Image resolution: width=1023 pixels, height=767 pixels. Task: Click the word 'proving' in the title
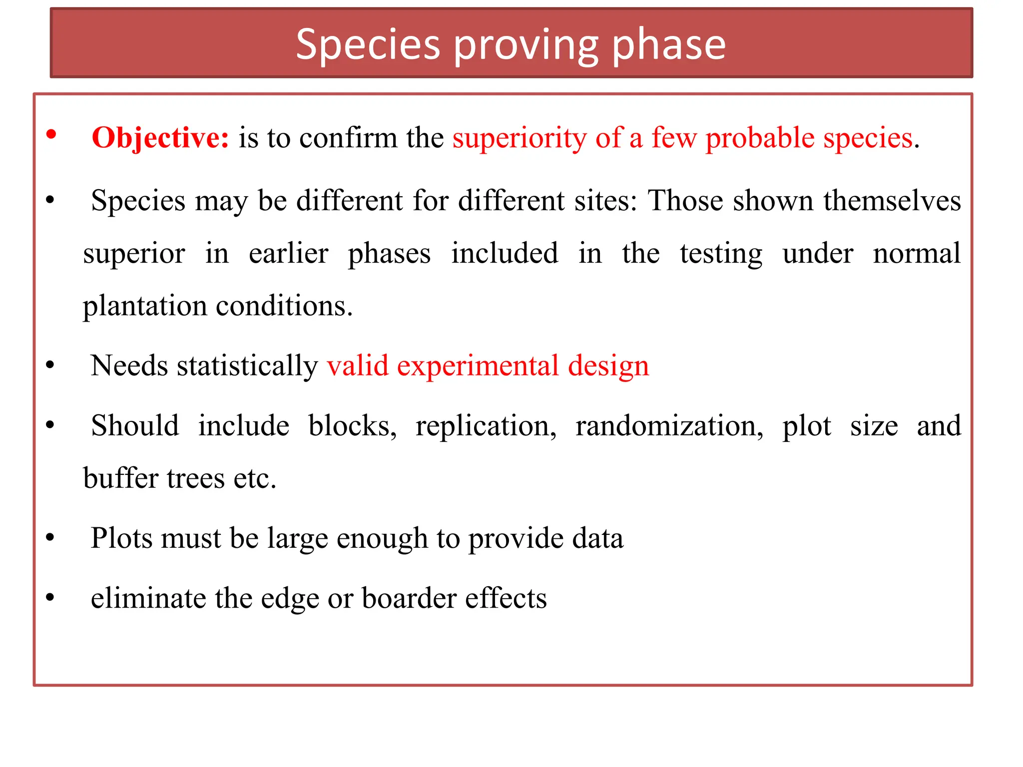pyautogui.click(x=525, y=46)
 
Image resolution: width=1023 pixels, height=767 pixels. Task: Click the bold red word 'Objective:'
pyautogui.click(x=160, y=138)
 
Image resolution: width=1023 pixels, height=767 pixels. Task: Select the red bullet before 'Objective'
pyautogui.click(x=51, y=134)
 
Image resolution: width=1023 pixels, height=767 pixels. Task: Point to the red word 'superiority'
pyautogui.click(x=519, y=138)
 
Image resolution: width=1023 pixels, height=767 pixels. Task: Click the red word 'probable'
pyautogui.click(x=760, y=138)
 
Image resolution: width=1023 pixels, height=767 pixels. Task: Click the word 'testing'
pyautogui.click(x=721, y=254)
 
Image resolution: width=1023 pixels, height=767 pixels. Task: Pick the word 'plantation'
pyautogui.click(x=144, y=307)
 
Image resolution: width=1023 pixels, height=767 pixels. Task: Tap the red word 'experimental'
pyautogui.click(x=478, y=366)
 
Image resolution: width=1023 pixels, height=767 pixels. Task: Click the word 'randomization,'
pyautogui.click(x=669, y=426)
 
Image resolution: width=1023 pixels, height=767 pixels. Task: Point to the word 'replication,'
pyautogui.click(x=486, y=426)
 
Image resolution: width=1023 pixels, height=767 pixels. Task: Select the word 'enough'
pyautogui.click(x=382, y=539)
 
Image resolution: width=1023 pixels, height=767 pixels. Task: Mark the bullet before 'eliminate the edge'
pyautogui.click(x=50, y=597)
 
